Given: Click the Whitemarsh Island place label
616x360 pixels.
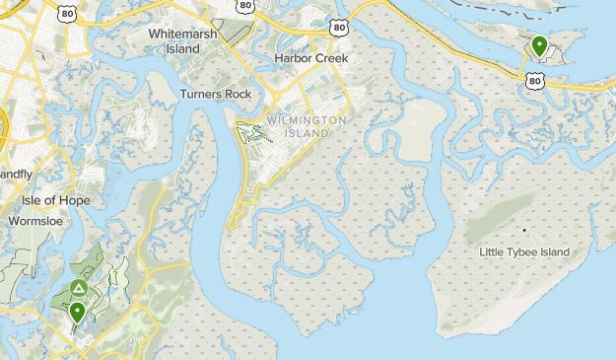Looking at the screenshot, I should pyautogui.click(x=182, y=39).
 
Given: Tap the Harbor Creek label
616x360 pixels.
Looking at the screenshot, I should pyautogui.click(x=311, y=58).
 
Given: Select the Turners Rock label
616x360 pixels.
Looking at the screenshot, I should pyautogui.click(x=216, y=95).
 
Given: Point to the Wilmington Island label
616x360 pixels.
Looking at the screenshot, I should pyautogui.click(x=306, y=126).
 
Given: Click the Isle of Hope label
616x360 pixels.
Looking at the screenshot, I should pyautogui.click(x=56, y=200).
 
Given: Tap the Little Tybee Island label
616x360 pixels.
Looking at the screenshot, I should pyautogui.click(x=524, y=252).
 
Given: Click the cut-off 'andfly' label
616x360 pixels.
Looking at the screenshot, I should pyautogui.click(x=16, y=174).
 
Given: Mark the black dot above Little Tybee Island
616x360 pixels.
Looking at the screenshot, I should pyautogui.click(x=525, y=231).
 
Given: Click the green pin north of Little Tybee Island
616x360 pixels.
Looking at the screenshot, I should pyautogui.click(x=539, y=45).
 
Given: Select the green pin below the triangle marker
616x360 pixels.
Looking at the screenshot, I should pyautogui.click(x=77, y=313).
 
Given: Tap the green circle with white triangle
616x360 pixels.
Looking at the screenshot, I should pyautogui.click(x=79, y=288).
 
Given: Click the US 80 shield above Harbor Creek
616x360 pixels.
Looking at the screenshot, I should pyautogui.click(x=340, y=29).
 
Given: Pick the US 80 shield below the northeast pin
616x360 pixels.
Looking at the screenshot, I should pyautogui.click(x=535, y=79).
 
